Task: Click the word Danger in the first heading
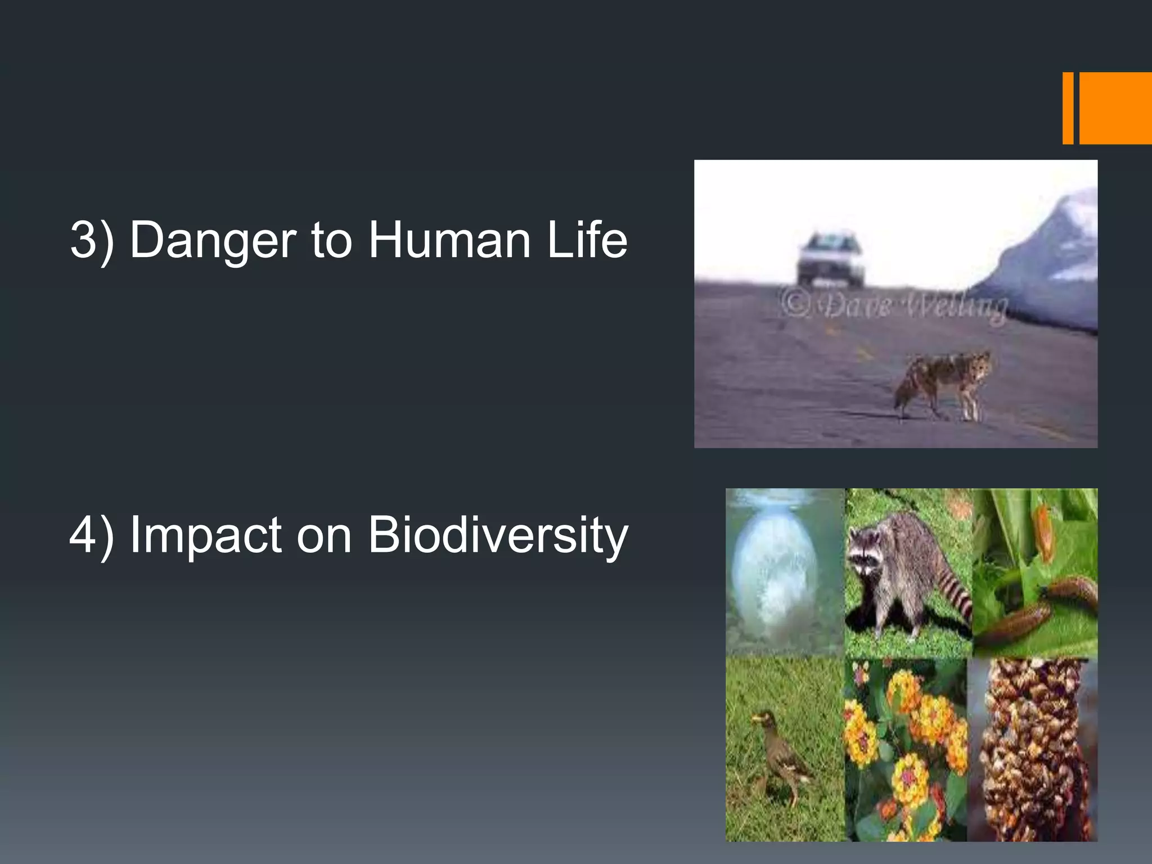213,240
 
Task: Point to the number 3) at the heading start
92,240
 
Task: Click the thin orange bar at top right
1068,108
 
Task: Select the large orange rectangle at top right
1115,108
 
